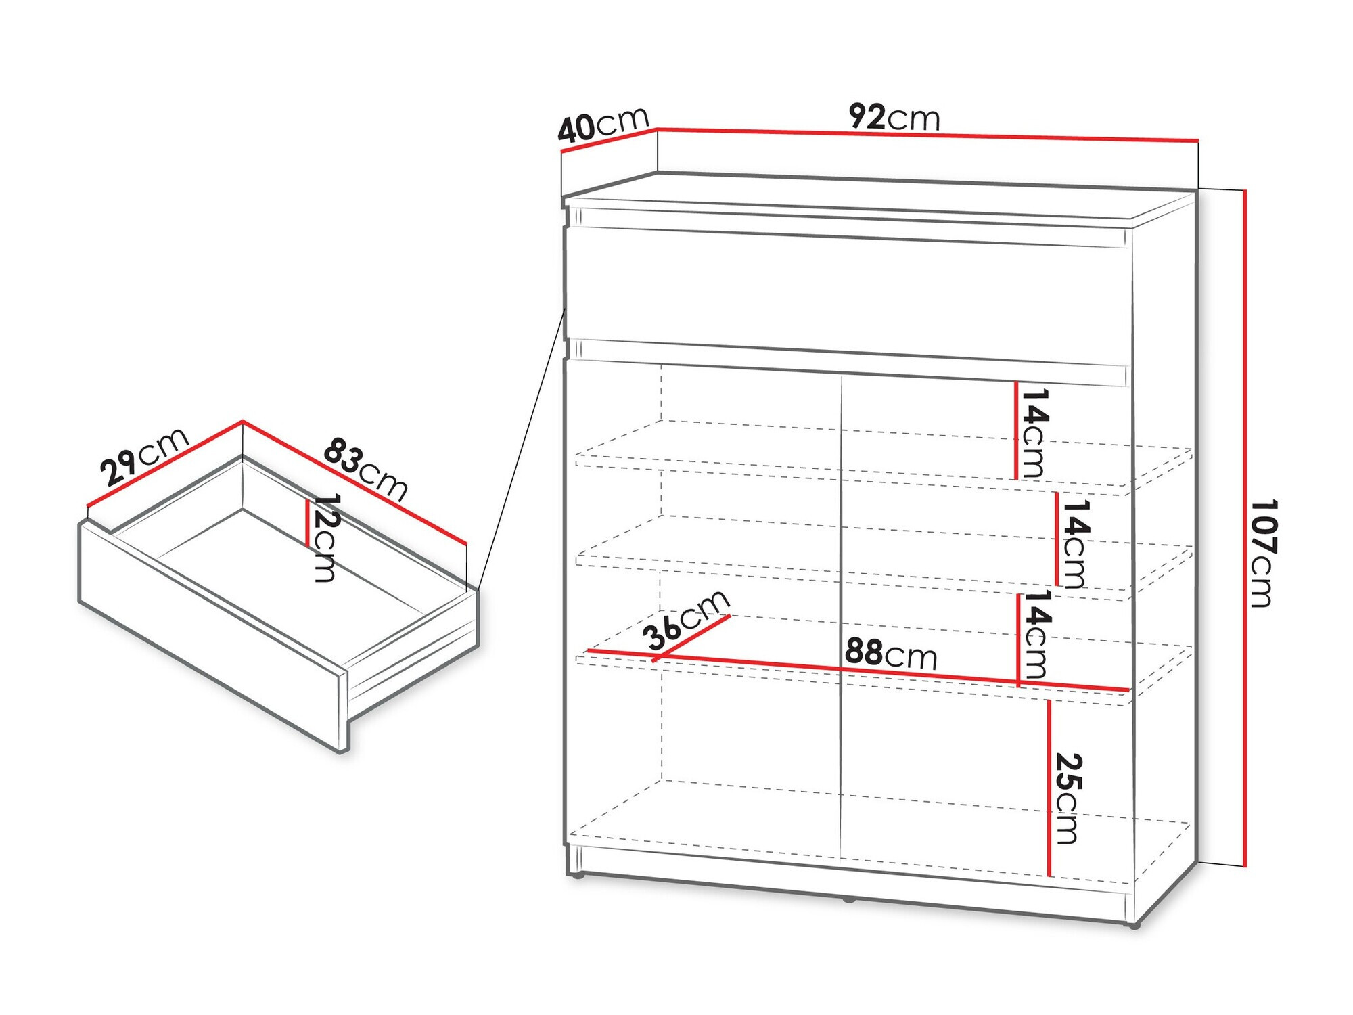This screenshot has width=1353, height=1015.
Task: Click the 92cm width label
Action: pos(894,117)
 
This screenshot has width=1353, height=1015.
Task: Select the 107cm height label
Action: pos(1262,553)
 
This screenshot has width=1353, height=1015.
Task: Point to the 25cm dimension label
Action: pos(1068,798)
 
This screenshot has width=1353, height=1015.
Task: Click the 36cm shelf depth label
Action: pos(686,620)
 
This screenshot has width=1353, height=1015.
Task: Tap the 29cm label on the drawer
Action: pos(144,457)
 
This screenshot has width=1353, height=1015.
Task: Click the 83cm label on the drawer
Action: pos(365,470)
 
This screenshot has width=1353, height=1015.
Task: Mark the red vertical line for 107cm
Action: pos(1244,528)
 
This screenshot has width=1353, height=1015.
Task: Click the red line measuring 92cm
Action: pos(927,135)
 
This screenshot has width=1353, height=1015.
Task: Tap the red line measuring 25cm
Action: pos(1049,788)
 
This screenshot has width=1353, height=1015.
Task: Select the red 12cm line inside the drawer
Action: pos(308,523)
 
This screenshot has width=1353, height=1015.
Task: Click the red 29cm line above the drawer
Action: pos(165,464)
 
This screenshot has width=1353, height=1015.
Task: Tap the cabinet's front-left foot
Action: pos(577,876)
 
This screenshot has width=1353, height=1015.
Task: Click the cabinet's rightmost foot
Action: pos(1134,925)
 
